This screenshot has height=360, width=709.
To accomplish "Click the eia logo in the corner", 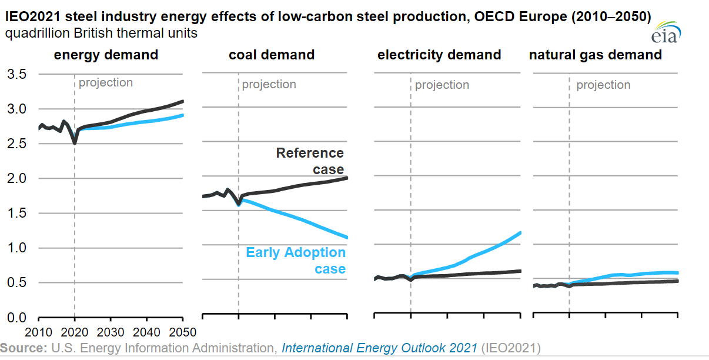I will pyautogui.click(x=665, y=34).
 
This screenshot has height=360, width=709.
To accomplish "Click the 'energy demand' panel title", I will pyautogui.click(x=106, y=55).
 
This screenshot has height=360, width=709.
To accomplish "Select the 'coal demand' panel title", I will pyautogui.click(x=272, y=55).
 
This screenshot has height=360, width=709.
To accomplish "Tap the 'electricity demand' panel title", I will pyautogui.click(x=439, y=55).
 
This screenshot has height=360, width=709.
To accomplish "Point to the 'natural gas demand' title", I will pyautogui.click(x=596, y=55).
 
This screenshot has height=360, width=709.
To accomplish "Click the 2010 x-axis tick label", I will pyautogui.click(x=39, y=331).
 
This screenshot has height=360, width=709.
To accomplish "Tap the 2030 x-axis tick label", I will pyautogui.click(x=111, y=331).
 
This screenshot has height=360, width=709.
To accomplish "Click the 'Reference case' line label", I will pyautogui.click(x=310, y=161).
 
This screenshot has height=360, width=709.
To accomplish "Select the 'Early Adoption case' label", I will pyautogui.click(x=296, y=261).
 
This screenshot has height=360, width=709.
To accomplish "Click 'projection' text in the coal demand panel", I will pyautogui.click(x=269, y=84).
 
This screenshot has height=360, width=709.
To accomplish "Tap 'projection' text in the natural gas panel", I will pyautogui.click(x=603, y=85).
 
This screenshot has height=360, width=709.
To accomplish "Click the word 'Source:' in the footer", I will pyautogui.click(x=24, y=348).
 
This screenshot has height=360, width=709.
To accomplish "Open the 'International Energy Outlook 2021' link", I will pyautogui.click(x=379, y=348).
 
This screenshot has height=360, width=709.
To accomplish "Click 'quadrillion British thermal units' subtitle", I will pyautogui.click(x=101, y=34).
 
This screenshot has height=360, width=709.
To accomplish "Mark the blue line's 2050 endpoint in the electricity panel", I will pyautogui.click(x=520, y=233).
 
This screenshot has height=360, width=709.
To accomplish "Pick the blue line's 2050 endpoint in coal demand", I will pyautogui.click(x=347, y=238).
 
